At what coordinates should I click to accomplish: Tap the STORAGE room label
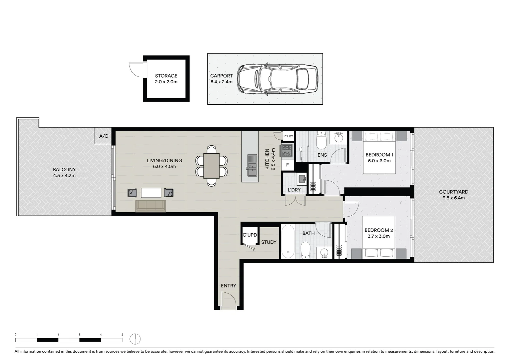coord(166,76)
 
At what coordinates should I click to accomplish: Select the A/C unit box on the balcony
coord(104,136)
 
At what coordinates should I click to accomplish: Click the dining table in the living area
coord(211,166)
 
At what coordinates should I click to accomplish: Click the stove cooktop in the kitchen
coord(287,150)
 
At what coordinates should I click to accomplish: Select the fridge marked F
coord(288,165)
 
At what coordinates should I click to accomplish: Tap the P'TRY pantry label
coord(288,136)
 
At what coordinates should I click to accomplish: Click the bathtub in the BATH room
coord(288,241)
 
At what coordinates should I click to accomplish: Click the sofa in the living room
coord(151,206)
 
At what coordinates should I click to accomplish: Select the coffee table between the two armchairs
coord(151,193)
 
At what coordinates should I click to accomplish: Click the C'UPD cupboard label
coord(250,235)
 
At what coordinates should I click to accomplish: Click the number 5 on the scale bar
coord(122,335)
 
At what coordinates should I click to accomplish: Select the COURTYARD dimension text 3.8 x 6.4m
coord(453,198)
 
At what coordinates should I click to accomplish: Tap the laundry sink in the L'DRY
coord(302,179)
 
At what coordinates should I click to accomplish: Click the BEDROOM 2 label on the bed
coord(379,230)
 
